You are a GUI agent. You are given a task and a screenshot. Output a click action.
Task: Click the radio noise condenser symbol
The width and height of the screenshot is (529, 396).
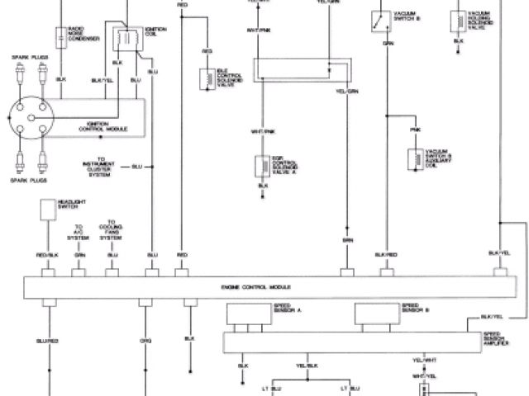click(x=60, y=36)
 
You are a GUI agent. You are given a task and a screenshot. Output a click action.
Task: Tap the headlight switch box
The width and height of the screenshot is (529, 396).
click(x=45, y=211)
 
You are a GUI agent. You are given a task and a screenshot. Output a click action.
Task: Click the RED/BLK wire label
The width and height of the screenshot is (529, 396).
click(x=47, y=254)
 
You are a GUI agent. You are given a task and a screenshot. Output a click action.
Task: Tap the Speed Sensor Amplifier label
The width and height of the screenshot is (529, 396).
click(x=498, y=338)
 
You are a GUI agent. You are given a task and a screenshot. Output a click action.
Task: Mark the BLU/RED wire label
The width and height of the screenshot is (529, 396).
click(x=47, y=340)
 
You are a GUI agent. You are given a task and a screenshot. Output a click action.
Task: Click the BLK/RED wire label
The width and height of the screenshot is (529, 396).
click(x=386, y=254)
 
